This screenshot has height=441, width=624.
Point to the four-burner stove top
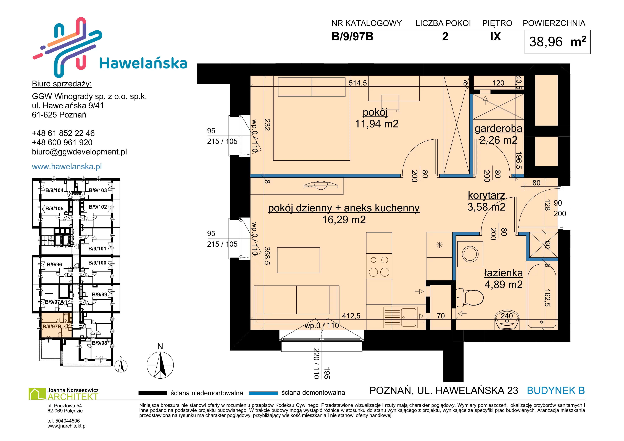379,266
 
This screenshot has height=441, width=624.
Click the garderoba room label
498,128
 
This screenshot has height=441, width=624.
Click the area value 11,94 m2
377,124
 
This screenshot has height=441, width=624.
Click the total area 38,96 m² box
557,42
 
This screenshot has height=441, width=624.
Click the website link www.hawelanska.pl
67,166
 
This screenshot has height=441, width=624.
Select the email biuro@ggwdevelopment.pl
79,152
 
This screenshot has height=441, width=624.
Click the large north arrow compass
160,365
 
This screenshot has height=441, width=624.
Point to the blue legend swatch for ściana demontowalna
263,393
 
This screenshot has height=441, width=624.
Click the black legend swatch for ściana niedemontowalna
153,393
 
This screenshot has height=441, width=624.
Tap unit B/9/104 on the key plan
54,190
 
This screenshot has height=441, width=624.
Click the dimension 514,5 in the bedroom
358,83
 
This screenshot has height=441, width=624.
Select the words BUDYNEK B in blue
556,390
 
